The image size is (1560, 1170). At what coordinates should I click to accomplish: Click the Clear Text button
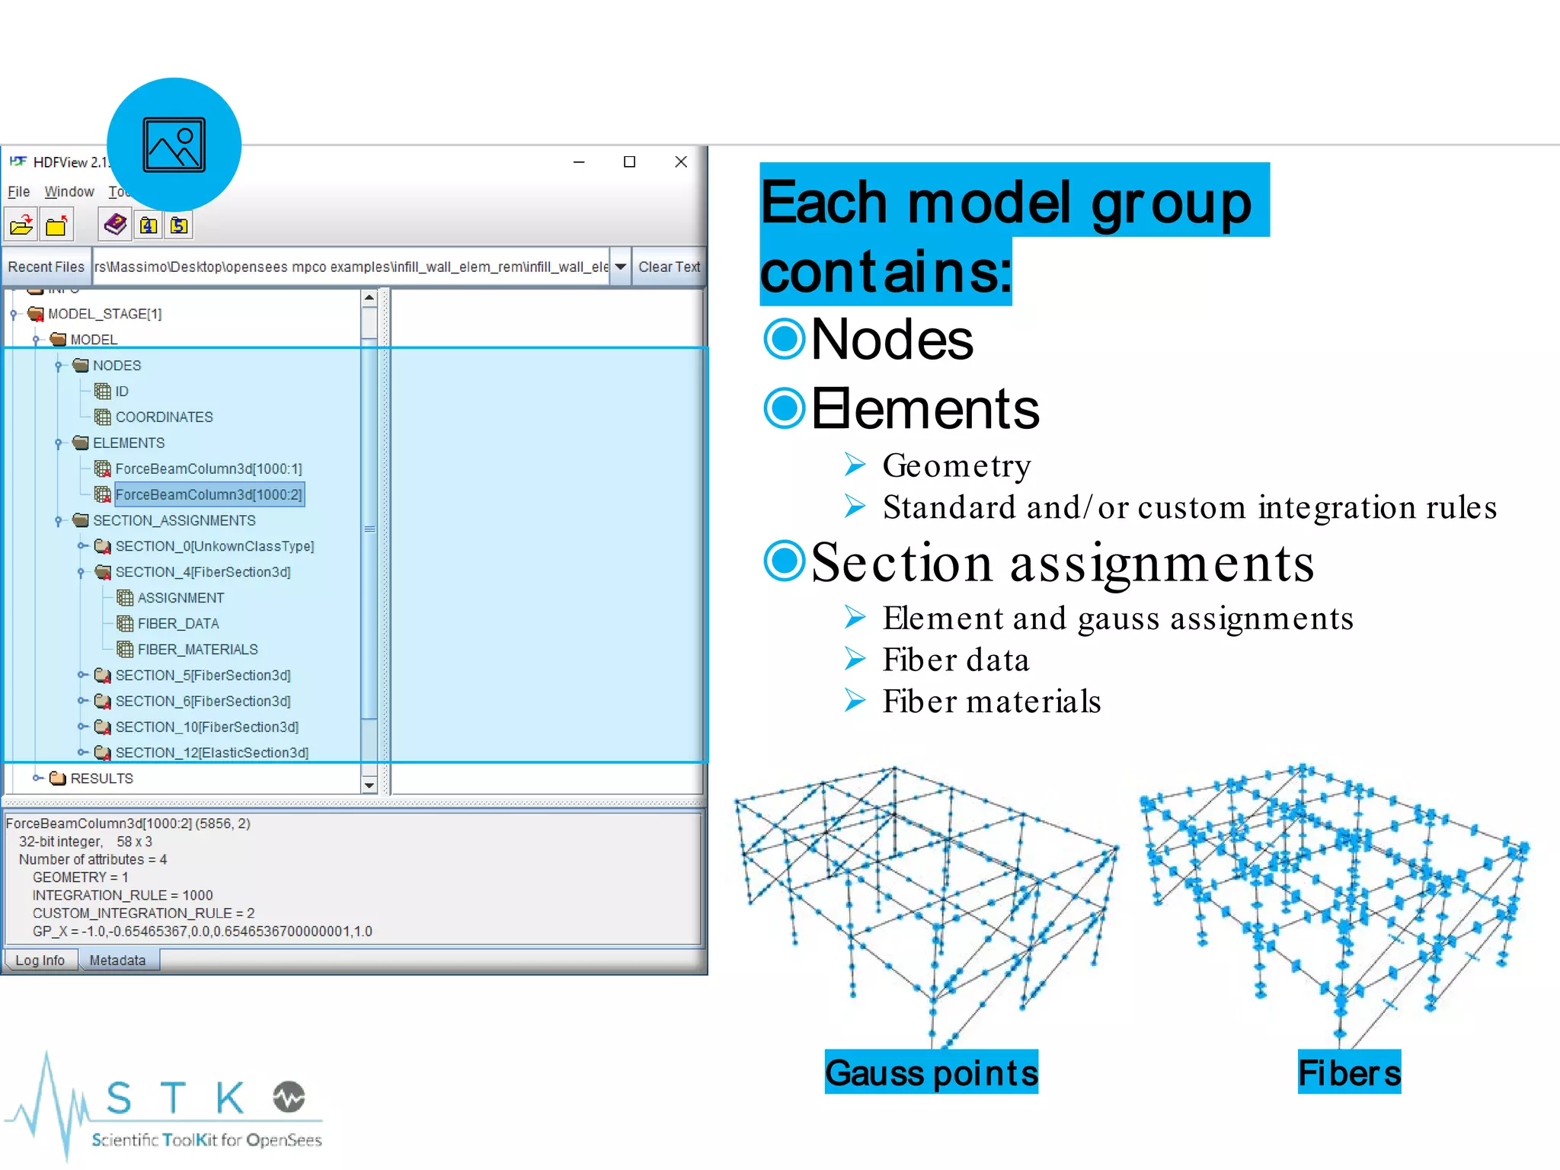tap(668, 267)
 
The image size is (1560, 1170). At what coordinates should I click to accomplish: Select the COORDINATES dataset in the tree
tap(164, 417)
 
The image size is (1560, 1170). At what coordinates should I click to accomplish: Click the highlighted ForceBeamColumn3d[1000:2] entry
tap(209, 495)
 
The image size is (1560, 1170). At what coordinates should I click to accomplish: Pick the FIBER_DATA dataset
tap(177, 624)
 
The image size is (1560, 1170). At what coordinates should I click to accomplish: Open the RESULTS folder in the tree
tap(101, 778)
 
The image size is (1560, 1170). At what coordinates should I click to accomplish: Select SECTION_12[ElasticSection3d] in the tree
tap(212, 753)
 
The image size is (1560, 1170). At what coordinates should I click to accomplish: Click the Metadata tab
tap(117, 961)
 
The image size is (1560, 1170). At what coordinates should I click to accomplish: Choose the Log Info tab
tap(40, 961)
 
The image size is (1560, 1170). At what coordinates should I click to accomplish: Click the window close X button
tap(681, 161)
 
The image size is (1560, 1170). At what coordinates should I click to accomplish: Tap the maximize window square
tap(629, 161)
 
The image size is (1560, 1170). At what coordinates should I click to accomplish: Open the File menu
tap(19, 192)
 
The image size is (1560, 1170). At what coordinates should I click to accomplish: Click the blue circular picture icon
tap(174, 145)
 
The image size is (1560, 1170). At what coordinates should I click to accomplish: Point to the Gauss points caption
tap(931, 1072)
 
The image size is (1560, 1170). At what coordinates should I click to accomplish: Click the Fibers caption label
tap(1349, 1072)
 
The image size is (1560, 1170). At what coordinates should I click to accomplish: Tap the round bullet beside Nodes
tap(784, 339)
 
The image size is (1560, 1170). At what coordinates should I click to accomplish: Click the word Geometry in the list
tap(957, 465)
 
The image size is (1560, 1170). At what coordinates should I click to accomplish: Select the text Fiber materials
tap(992, 702)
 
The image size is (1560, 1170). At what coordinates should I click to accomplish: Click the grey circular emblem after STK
tap(289, 1097)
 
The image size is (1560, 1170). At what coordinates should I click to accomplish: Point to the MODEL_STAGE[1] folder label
tap(104, 314)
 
